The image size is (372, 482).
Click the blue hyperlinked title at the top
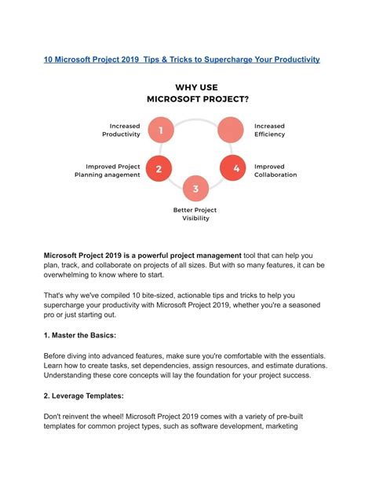(x=182, y=60)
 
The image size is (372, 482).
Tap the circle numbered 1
(x=161, y=130)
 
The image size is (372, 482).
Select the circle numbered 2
(x=159, y=168)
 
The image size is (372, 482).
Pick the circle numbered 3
(x=195, y=189)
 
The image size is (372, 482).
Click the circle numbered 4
(x=233, y=167)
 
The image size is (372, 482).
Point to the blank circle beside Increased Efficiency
(x=231, y=130)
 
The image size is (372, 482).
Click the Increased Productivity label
(x=121, y=130)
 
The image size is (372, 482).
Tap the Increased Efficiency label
(x=269, y=130)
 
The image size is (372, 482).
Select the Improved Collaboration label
(x=275, y=171)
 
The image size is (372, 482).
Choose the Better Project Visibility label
(x=195, y=214)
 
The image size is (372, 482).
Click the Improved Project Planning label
(x=108, y=171)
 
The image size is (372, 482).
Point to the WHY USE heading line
(x=197, y=87)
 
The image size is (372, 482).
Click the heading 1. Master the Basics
(x=80, y=336)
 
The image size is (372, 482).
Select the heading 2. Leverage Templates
(x=83, y=396)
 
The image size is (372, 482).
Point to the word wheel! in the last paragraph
(x=113, y=417)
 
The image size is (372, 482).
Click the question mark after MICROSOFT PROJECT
(x=246, y=99)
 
